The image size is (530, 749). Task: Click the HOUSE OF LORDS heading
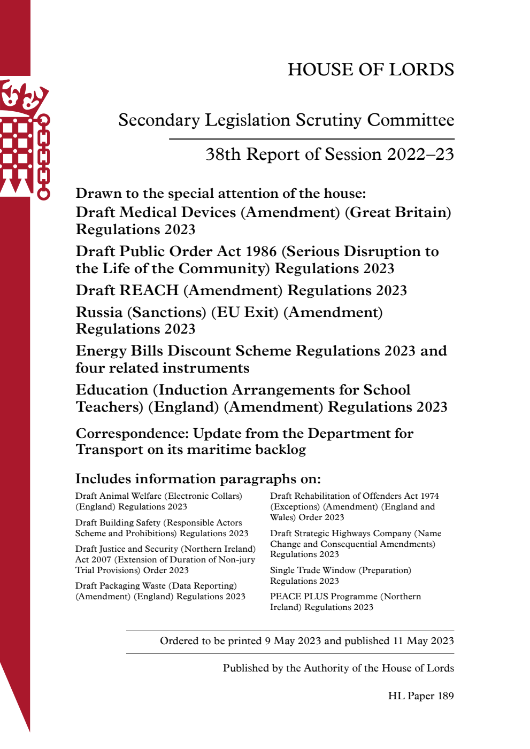pos(371,70)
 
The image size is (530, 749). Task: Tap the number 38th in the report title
pos(223,155)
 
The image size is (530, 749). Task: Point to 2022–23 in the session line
pos(420,155)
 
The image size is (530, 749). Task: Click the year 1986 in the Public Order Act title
pos(261,251)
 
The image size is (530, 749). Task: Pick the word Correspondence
pos(132,433)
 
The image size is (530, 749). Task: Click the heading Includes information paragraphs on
pos(198,478)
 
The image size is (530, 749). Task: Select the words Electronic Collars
pos(205,496)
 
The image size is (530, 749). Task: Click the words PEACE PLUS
pos(299,597)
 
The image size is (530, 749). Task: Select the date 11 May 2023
pos(423,641)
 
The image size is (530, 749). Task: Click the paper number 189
pos(445,696)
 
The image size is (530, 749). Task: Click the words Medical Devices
pos(178,212)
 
